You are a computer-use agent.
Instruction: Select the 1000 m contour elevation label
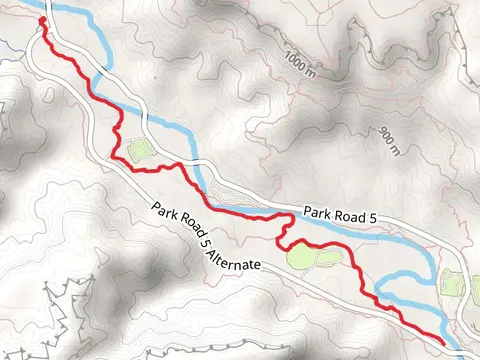[297, 63]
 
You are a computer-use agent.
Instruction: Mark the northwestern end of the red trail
[41, 19]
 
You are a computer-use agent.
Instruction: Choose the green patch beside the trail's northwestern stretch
[139, 150]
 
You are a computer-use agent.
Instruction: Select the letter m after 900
[396, 152]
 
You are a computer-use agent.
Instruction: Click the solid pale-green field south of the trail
[303, 257]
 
